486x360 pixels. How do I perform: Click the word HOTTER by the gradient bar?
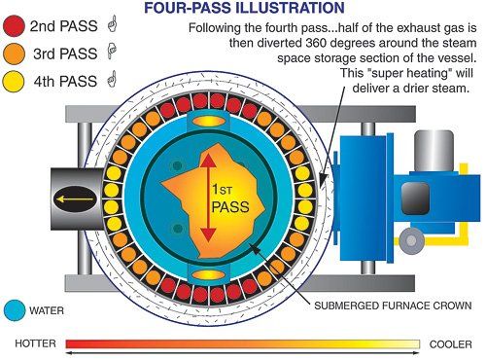[36, 343]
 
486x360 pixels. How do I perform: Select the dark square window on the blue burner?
[414, 197]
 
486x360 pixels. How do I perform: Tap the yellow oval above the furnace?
[208, 120]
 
